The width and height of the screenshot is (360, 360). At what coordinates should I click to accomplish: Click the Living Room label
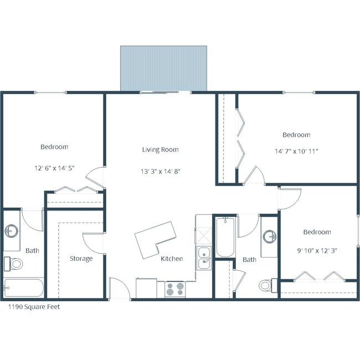160,150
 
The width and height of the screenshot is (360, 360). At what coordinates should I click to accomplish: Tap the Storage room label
81,258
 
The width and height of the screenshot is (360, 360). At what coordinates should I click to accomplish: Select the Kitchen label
172,259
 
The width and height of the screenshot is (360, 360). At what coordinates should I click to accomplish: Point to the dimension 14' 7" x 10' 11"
296,150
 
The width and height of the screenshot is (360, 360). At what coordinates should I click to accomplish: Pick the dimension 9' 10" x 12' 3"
317,250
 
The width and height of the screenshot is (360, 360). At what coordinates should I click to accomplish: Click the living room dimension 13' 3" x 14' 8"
160,171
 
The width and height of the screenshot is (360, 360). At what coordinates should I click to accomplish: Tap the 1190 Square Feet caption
33,306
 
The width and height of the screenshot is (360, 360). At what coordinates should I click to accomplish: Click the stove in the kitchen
175,289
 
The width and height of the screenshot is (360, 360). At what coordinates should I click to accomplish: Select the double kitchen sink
204,258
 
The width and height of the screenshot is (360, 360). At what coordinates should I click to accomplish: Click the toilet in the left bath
15,263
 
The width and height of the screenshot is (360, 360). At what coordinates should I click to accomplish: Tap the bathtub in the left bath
23,288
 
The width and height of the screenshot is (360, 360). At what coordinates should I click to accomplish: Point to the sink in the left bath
12,231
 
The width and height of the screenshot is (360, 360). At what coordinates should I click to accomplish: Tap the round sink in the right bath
270,236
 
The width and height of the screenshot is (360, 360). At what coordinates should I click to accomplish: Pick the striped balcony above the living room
163,68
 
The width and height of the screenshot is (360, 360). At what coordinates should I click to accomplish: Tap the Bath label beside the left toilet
32,250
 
